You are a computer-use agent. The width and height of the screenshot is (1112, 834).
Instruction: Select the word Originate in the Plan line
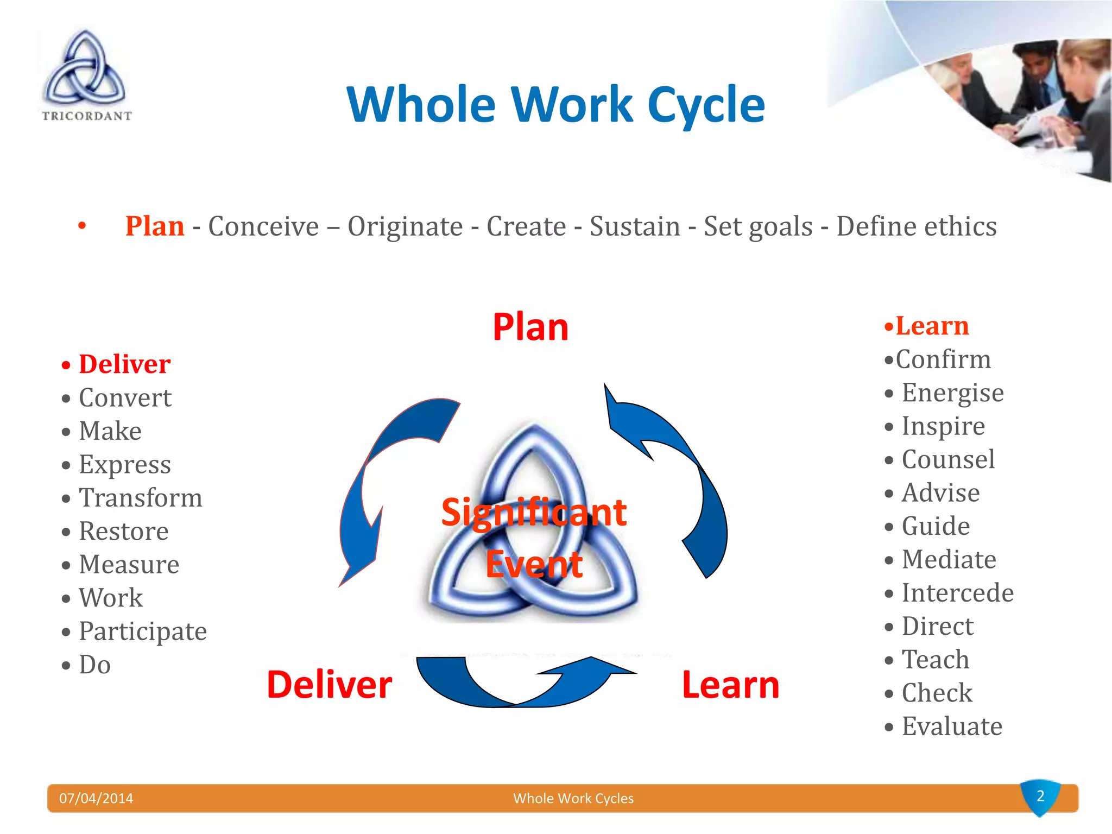(x=405, y=226)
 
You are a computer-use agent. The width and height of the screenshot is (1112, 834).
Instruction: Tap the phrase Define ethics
(x=916, y=226)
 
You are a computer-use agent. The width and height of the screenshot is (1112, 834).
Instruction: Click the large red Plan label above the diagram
(x=530, y=327)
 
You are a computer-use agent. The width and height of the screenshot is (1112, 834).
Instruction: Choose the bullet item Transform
(x=140, y=498)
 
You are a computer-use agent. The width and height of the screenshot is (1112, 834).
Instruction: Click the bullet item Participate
(x=142, y=631)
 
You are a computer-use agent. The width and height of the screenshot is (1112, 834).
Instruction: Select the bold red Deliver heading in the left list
(x=124, y=364)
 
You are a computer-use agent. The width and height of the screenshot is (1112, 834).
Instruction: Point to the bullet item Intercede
(x=957, y=592)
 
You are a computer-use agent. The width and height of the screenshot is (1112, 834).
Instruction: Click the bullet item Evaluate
(x=951, y=726)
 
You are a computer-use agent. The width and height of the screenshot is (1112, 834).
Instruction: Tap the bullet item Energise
(x=952, y=393)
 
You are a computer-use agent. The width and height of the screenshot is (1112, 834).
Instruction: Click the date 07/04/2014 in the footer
(x=96, y=798)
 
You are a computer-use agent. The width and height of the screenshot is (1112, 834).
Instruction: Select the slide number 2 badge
(x=1040, y=797)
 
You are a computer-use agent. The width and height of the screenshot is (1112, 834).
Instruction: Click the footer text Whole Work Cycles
(x=573, y=798)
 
